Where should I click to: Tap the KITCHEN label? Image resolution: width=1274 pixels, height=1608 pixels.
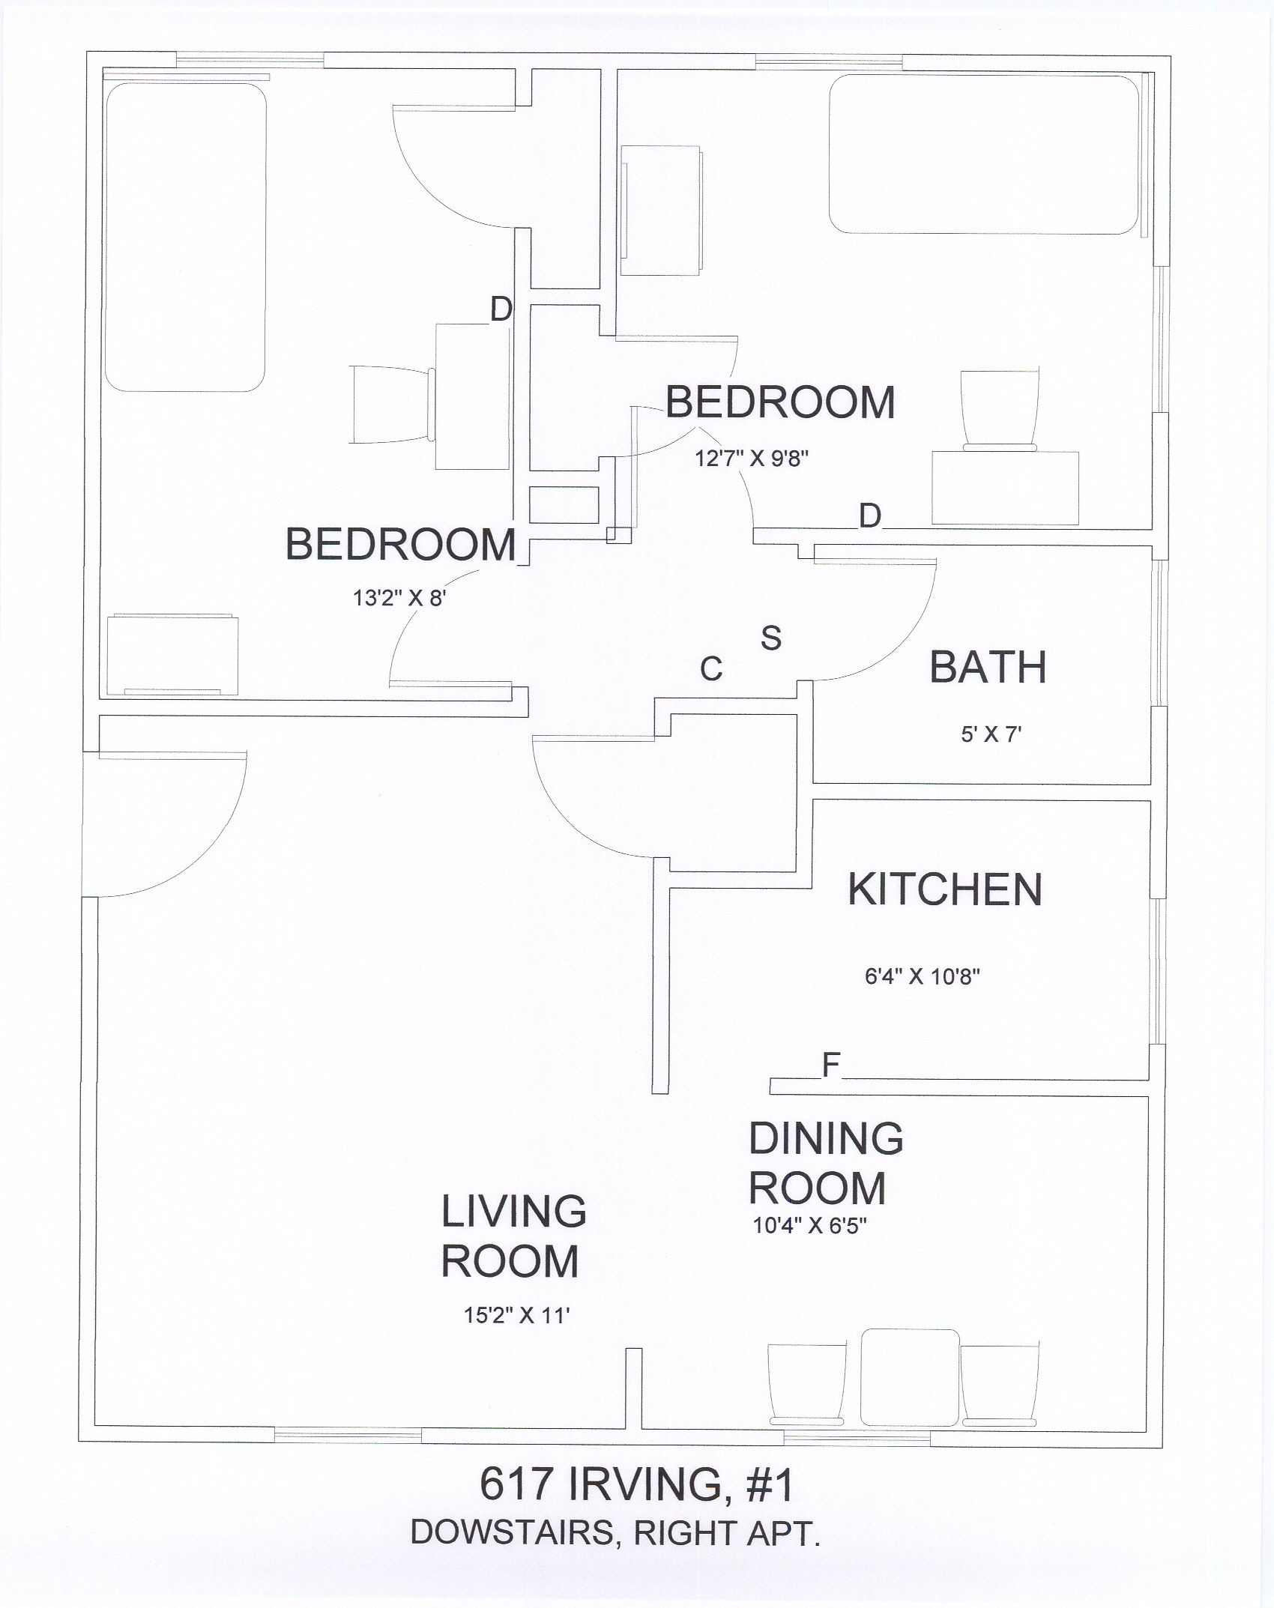click(x=945, y=889)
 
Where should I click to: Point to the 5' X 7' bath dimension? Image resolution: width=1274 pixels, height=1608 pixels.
click(x=991, y=734)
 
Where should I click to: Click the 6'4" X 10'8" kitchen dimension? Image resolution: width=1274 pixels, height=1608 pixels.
click(x=923, y=977)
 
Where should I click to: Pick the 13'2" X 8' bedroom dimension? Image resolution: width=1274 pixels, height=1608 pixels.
click(x=399, y=599)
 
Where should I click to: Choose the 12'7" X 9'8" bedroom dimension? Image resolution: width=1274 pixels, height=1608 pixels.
click(x=752, y=458)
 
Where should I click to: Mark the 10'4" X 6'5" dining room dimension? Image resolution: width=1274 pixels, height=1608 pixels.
click(x=809, y=1226)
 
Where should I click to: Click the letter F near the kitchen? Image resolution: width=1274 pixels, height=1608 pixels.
click(x=831, y=1064)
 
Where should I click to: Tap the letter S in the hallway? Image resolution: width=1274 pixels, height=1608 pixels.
click(x=771, y=638)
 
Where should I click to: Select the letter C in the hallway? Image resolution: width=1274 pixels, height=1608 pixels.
click(x=711, y=669)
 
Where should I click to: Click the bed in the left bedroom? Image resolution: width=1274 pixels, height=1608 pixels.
click(x=186, y=237)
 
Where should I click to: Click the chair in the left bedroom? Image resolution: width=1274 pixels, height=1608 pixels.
click(x=393, y=405)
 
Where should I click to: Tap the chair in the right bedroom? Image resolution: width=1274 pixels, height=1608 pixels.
click(x=1000, y=409)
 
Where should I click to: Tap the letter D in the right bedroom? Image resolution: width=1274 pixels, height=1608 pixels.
click(x=869, y=516)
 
